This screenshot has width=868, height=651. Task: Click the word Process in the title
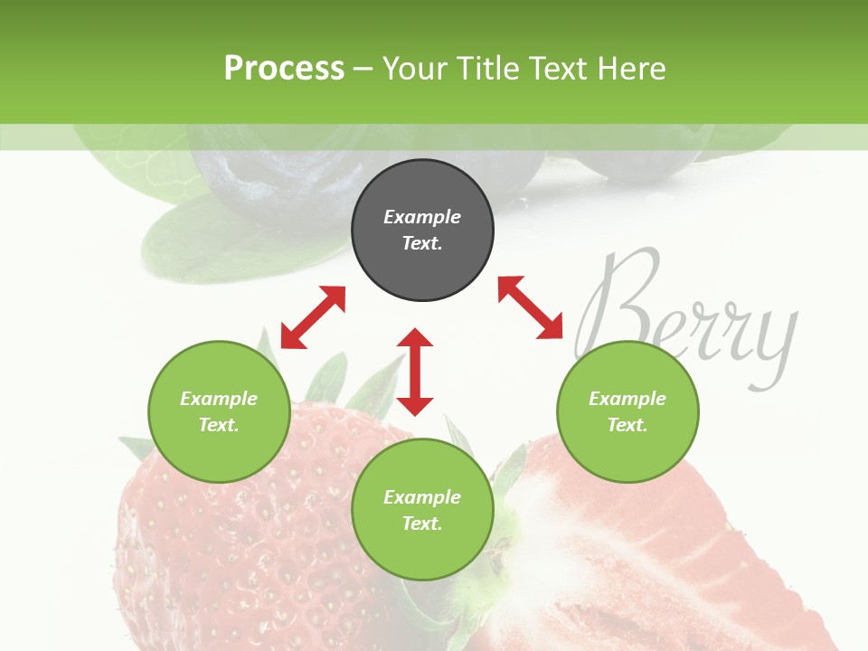(x=284, y=69)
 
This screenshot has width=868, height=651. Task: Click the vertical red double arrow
(x=415, y=372)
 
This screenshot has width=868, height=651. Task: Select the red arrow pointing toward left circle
(x=313, y=317)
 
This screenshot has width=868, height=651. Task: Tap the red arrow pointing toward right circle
(x=531, y=307)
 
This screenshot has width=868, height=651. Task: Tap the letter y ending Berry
(x=776, y=348)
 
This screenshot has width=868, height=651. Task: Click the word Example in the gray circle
(x=422, y=217)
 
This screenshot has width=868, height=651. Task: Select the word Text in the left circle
(x=219, y=425)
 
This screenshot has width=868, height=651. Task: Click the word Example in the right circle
(x=627, y=399)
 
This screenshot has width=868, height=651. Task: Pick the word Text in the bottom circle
(x=422, y=524)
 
